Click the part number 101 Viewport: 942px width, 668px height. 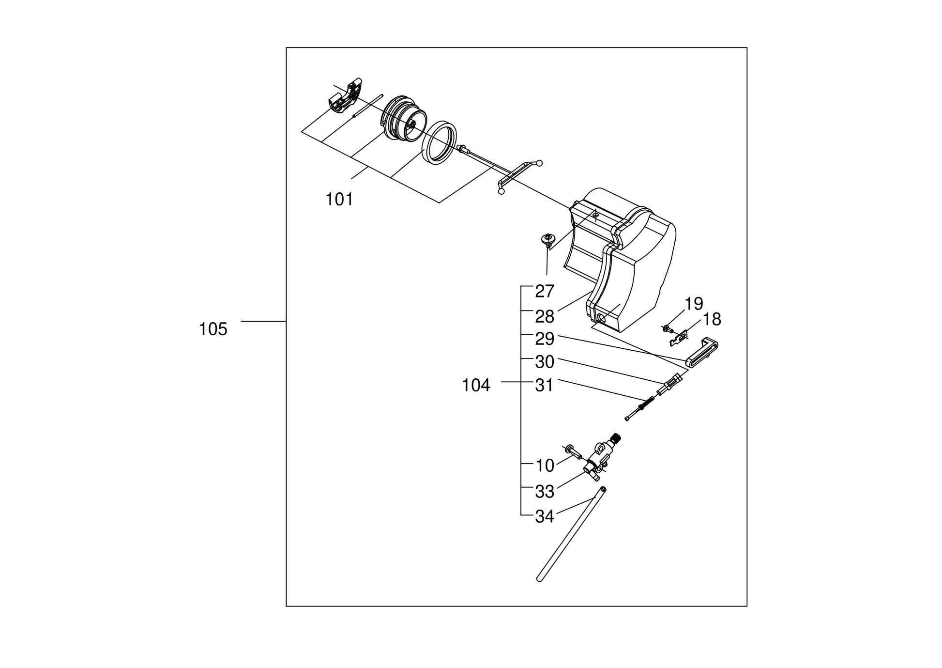point(339,199)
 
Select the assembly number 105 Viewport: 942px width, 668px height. point(213,329)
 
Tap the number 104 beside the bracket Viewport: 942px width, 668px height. point(476,386)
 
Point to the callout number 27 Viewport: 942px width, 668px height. point(545,292)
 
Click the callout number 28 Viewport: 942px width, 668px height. point(545,317)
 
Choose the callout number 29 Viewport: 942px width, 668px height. point(545,339)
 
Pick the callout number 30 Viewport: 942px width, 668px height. point(545,362)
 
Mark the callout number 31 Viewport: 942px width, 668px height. point(545,386)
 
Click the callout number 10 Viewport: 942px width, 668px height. point(545,466)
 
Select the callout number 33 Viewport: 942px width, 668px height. point(545,492)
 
